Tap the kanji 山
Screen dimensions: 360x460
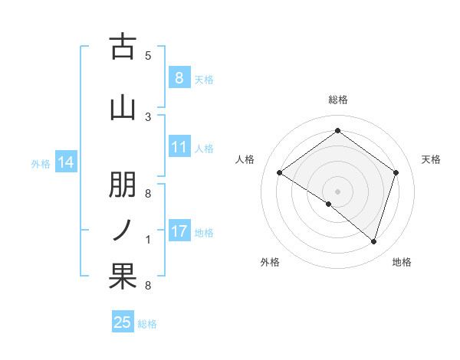(x=123, y=107)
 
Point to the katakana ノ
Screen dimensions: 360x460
(x=123, y=230)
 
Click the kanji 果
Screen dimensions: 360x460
(x=123, y=276)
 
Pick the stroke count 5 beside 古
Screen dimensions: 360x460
(x=148, y=55)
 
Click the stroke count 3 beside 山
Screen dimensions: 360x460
(x=148, y=116)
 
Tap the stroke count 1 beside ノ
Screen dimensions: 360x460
(x=148, y=240)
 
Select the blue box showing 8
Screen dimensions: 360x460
(x=179, y=77)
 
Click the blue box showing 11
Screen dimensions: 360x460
(x=179, y=147)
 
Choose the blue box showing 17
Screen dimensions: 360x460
(x=179, y=231)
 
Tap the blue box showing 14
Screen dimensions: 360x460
(x=65, y=162)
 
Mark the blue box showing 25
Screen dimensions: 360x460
(x=123, y=322)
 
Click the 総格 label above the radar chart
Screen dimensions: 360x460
(x=337, y=100)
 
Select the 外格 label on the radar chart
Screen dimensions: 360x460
(x=270, y=263)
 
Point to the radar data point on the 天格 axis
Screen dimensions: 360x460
(x=396, y=173)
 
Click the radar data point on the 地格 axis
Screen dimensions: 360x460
(x=373, y=241)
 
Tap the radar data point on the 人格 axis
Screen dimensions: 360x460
(x=279, y=173)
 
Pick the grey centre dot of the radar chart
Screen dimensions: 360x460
(x=337, y=191)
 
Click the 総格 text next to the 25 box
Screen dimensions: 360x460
(x=147, y=324)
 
